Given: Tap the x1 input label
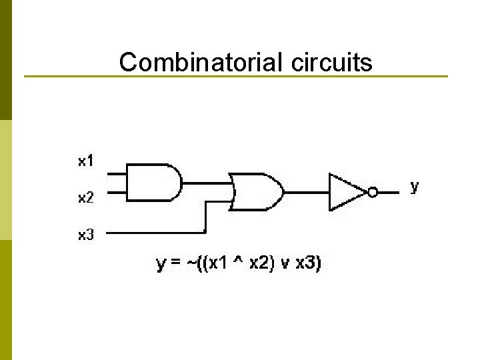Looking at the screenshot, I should [86, 161].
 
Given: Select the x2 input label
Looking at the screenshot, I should [86, 198].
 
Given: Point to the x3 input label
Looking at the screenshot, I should [86, 235].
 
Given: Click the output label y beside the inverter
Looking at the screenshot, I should [415, 186].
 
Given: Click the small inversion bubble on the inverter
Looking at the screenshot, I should [373, 193].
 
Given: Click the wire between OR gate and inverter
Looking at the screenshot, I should [306, 192].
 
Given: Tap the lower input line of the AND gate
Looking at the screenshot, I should [116, 192].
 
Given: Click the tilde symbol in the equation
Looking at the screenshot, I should [193, 264].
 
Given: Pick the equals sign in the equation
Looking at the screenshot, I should [176, 264].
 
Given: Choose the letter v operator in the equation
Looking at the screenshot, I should [285, 265].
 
